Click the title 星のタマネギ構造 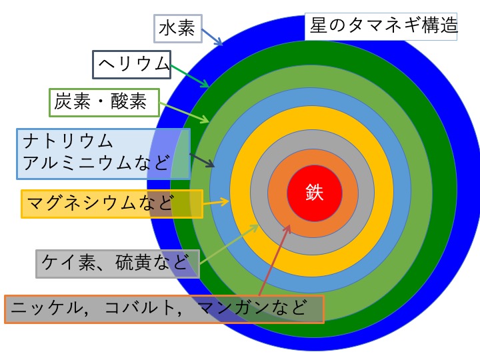[383, 25]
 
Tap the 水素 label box [177, 29]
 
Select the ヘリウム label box [131, 65]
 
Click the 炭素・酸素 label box [105, 103]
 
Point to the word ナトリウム [68, 141]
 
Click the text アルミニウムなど [97, 163]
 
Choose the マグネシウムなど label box [112, 204]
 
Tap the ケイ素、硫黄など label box [117, 264]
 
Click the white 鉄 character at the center [315, 193]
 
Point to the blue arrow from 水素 [212, 37]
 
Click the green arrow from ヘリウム [190, 76]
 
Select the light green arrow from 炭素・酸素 [184, 113]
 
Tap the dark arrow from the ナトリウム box [202, 160]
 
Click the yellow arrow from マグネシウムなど [216, 202]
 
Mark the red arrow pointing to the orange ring [275, 260]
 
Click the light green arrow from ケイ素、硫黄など [229, 244]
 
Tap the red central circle [315, 193]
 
